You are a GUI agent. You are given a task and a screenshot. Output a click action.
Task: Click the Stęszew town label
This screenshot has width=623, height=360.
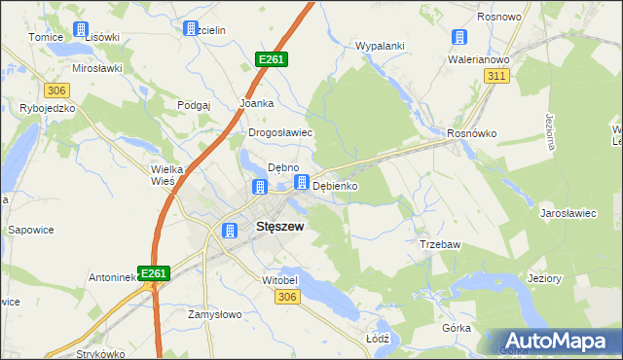click(x=279, y=227)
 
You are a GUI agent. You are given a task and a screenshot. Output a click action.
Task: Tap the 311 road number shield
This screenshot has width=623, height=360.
click(x=498, y=76)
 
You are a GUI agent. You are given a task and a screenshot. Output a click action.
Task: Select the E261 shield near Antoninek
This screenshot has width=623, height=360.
click(x=154, y=274)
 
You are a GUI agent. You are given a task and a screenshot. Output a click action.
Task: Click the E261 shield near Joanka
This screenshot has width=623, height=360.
click(x=271, y=60)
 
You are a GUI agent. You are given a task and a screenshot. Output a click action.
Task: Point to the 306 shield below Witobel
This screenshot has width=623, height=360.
click(x=285, y=297)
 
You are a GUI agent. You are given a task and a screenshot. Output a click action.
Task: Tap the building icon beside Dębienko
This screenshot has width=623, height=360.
click(x=303, y=182)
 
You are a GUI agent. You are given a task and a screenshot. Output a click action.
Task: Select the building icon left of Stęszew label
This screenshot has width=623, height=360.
click(x=230, y=231)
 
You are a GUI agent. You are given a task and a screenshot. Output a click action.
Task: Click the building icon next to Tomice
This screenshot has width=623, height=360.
click(x=81, y=30)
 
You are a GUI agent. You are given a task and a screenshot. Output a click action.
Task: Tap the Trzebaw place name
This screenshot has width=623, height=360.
click(x=438, y=244)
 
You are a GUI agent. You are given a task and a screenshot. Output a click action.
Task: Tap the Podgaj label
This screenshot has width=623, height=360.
click(x=195, y=105)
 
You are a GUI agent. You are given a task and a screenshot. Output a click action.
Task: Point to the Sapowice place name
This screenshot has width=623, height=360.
click(x=30, y=232)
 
